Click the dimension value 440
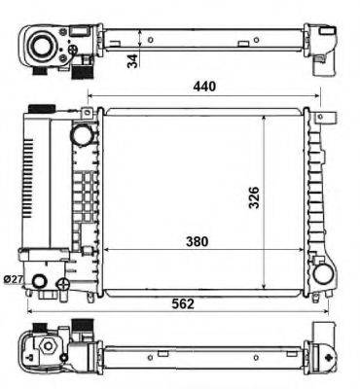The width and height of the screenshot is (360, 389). pos(204,86)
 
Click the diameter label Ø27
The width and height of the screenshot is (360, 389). pos(14,280)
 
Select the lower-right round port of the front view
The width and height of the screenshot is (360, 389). pos(322,276)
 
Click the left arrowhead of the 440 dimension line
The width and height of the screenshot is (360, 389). pos(90,97)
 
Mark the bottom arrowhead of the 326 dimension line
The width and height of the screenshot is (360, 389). pos(264,288)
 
